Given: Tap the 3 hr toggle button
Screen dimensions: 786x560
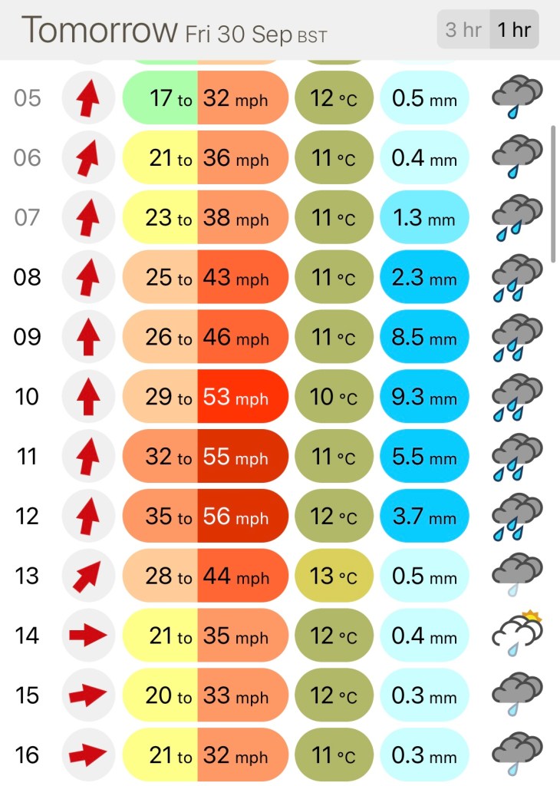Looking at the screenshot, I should [x=463, y=30].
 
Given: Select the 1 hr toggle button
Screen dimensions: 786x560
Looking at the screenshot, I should [x=513, y=30].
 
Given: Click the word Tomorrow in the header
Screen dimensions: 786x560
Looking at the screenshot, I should [x=100, y=30].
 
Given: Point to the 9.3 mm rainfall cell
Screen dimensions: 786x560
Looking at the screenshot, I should [x=424, y=397].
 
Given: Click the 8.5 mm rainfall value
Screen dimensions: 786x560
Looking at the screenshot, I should [x=424, y=338].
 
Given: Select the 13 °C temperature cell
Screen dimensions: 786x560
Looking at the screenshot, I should [x=334, y=576].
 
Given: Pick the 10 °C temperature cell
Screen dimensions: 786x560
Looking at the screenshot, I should [x=334, y=397].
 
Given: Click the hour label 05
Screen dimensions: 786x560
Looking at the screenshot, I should [x=27, y=98].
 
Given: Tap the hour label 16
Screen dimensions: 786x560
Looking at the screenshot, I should [x=27, y=755].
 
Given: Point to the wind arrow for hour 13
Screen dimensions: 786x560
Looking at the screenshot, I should [x=87, y=576].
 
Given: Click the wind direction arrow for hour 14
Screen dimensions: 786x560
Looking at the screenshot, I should [x=87, y=636].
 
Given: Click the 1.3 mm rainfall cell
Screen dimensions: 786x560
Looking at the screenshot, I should [x=424, y=218].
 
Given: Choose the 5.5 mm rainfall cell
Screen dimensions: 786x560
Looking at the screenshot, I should [x=424, y=457].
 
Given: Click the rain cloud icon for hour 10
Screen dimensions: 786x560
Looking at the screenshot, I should [x=517, y=397].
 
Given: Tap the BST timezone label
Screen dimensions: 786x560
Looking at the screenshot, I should [x=312, y=36].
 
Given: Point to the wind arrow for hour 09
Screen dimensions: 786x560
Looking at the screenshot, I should [x=87, y=338].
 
